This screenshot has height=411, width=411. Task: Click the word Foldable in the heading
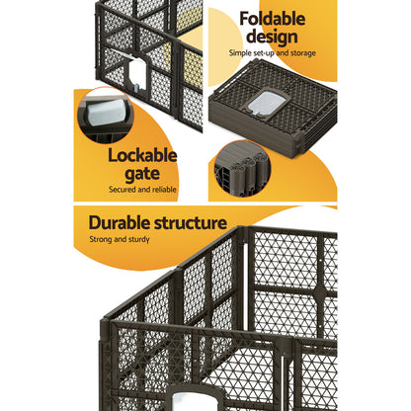coord(272,19)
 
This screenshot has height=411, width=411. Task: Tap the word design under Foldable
coord(272,38)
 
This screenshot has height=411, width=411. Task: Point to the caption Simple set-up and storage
coord(272,53)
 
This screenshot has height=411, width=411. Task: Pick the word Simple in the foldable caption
coord(239,53)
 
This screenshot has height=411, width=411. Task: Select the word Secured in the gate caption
coord(124,190)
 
